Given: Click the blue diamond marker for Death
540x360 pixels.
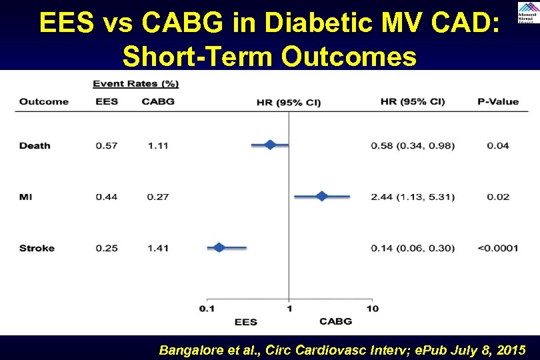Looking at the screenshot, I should point(270,145).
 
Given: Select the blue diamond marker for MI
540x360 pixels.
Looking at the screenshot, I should point(322,196).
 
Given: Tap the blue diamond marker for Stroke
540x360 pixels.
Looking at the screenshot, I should point(219,247).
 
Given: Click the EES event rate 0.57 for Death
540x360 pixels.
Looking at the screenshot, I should point(107,145).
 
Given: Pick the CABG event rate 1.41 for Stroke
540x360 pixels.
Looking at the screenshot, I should point(159,248).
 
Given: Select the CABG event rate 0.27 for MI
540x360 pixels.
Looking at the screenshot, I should point(159,197).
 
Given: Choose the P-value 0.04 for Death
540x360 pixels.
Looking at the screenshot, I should point(497,145).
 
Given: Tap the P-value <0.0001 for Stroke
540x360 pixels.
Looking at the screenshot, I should point(497,248).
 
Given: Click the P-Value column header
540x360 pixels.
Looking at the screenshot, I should point(497,102).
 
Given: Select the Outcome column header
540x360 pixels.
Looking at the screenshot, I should point(43,102).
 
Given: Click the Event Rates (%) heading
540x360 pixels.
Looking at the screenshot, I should point(135,84).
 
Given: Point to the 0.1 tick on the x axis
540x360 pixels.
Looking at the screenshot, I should point(207,308).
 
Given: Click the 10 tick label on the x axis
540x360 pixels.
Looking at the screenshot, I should point(372,308).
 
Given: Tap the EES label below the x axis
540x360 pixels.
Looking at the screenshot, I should point(245,322).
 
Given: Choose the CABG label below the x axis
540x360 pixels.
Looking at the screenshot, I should point(335,321).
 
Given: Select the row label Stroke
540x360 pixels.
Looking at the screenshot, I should point(37,248).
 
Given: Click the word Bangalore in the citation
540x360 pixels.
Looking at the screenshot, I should point(188,350).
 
